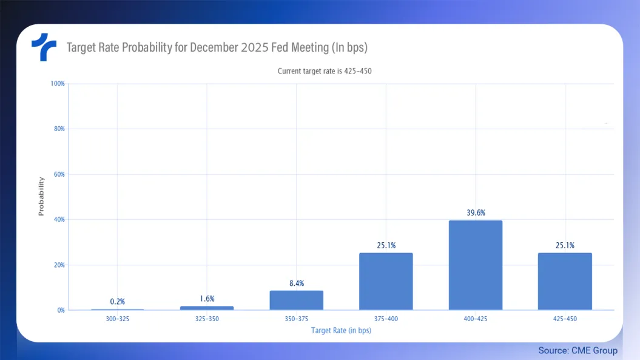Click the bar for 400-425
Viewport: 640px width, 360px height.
(476, 265)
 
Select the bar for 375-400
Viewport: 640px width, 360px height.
(386, 282)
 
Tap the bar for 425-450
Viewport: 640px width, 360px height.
(565, 282)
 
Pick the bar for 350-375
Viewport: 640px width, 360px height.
(296, 301)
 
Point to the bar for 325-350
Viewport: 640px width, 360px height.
(207, 308)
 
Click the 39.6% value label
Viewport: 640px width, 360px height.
(476, 212)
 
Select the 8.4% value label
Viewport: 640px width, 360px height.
(296, 283)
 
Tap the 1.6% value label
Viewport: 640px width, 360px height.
(207, 299)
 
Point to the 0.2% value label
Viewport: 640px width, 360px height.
(118, 302)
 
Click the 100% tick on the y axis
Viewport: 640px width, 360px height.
(58, 83)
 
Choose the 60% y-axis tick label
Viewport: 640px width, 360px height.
(59, 174)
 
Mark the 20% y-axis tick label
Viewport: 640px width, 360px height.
(59, 265)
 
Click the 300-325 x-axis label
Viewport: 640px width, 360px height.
(118, 318)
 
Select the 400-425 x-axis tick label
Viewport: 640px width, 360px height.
(476, 318)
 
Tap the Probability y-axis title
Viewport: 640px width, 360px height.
(41, 196)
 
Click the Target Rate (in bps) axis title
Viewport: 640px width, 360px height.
(341, 331)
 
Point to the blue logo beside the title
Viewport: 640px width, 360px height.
(44, 47)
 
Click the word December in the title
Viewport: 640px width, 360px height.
(216, 47)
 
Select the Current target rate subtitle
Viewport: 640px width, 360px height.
(324, 71)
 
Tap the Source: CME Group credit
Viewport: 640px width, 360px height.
(578, 350)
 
